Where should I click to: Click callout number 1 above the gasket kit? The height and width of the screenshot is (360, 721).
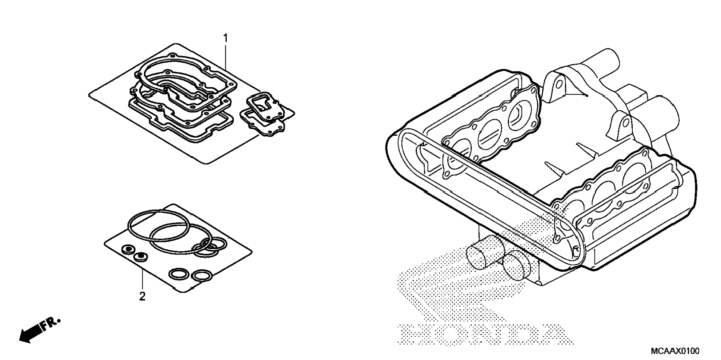click(x=225, y=38)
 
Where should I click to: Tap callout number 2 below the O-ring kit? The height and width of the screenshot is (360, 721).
click(x=142, y=297)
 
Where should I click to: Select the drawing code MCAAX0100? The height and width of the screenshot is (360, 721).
click(x=675, y=351)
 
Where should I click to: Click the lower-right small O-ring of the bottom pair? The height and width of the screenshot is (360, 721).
click(x=202, y=276)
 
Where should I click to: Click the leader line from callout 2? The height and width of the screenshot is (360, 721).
click(x=142, y=280)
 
